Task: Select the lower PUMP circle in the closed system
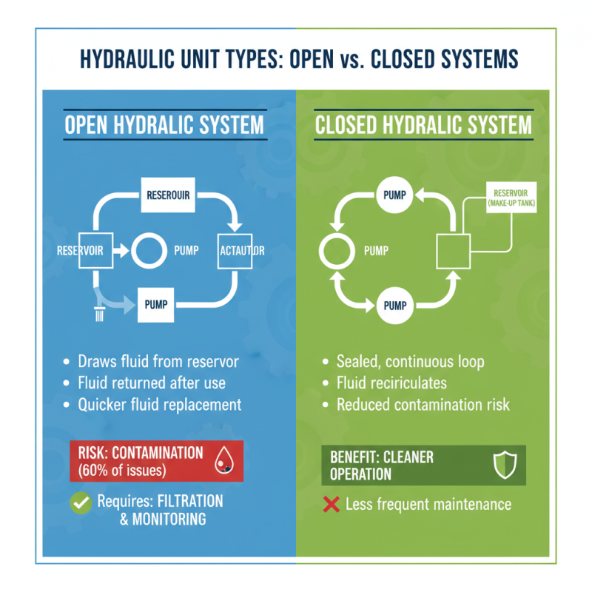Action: click(393, 303)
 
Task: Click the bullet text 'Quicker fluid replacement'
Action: click(160, 405)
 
